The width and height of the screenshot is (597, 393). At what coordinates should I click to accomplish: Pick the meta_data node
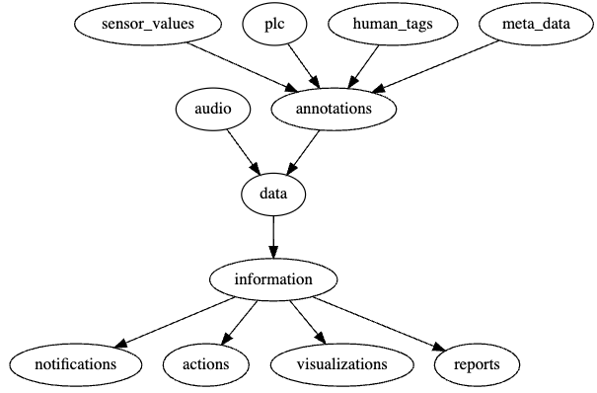coord(536,24)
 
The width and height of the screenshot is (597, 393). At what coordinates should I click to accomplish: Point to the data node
coord(272,194)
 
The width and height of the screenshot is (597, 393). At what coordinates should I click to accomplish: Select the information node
coord(272,279)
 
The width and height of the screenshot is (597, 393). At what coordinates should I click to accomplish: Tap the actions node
coord(205,364)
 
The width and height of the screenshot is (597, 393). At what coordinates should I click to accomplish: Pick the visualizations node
coord(341,364)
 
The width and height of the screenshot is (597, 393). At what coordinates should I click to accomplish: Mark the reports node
coord(478,364)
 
